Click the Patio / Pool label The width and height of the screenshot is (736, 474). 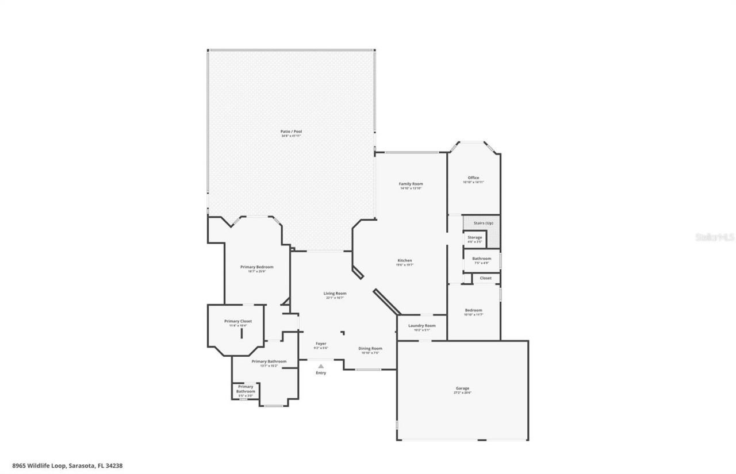coord(291,132)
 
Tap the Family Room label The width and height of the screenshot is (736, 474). coord(411,184)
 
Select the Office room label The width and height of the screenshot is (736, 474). coord(473,178)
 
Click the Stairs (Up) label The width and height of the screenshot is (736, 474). coord(483,223)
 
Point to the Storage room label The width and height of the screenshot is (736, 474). coord(474,237)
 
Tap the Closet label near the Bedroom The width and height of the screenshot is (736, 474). coord(485,278)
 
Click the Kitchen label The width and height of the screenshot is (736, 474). coord(404,261)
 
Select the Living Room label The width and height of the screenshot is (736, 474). coord(335,294)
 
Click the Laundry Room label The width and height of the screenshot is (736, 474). coord(421,326)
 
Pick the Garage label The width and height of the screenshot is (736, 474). coord(462,388)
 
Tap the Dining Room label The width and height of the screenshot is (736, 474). coord(370,348)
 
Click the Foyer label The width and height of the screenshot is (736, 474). coord(321,344)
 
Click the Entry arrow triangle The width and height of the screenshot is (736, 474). coord(321,366)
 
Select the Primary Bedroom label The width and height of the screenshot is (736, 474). coord(256,267)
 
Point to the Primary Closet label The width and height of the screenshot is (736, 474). coord(238,321)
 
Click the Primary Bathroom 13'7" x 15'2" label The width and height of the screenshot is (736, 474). coord(269,361)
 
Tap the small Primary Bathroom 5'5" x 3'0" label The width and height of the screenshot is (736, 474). coord(246,389)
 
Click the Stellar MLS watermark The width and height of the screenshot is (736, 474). coord(715,237)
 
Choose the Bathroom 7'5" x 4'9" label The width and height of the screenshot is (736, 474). coord(481,259)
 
